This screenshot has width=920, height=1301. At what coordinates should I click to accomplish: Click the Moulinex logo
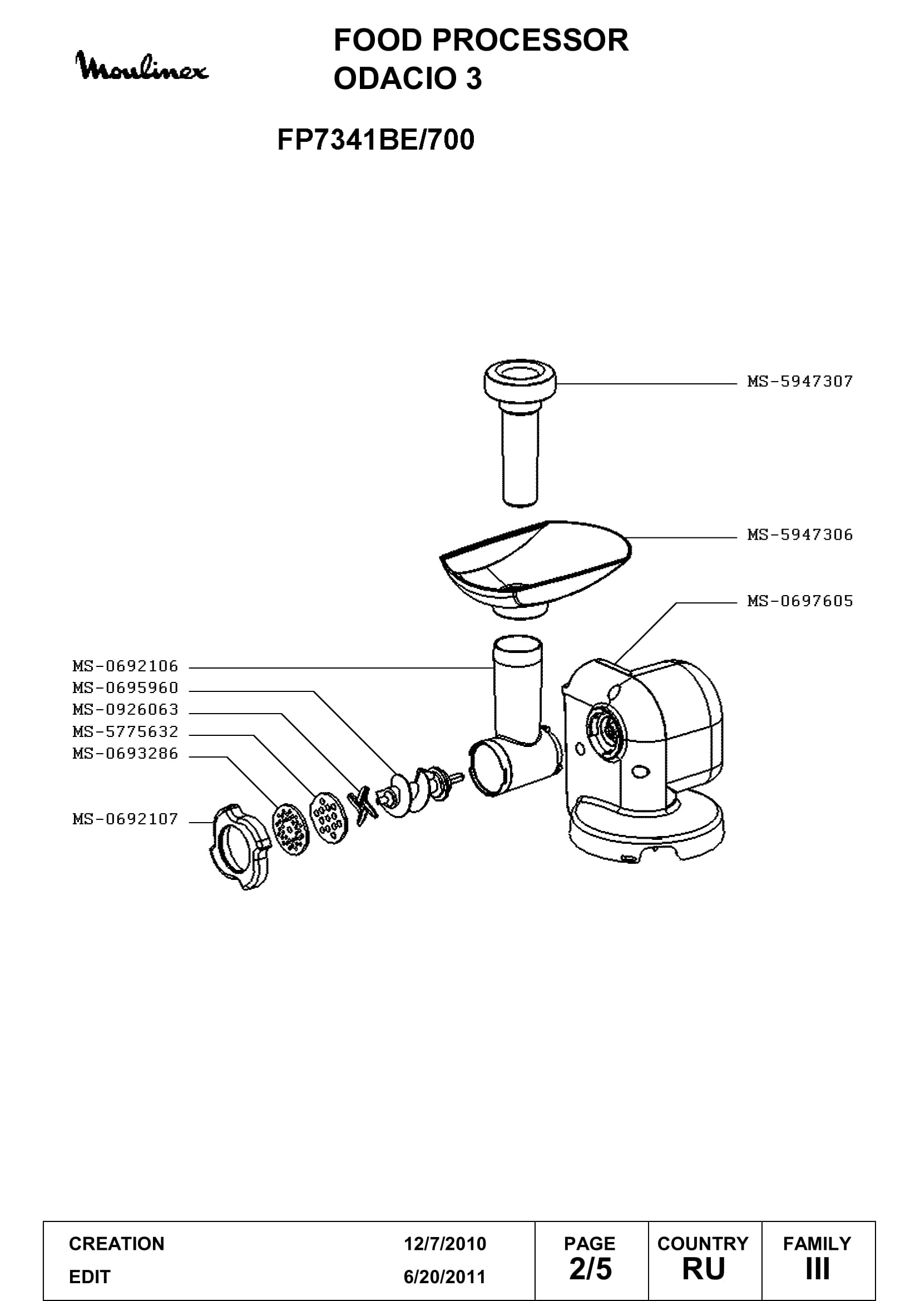click(142, 66)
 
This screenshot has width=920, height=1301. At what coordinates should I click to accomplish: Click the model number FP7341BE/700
click(375, 140)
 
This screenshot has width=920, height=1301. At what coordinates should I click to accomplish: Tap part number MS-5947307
click(800, 382)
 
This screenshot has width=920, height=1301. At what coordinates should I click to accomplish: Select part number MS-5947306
click(800, 535)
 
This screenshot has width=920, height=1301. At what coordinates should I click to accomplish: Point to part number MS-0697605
click(800, 601)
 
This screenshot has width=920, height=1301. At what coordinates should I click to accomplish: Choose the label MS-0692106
click(125, 666)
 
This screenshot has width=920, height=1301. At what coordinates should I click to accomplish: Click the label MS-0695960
click(125, 688)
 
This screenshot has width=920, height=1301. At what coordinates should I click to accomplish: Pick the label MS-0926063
click(125, 709)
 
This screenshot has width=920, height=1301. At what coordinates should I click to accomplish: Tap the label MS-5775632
click(125, 731)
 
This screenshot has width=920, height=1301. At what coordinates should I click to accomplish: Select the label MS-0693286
click(125, 754)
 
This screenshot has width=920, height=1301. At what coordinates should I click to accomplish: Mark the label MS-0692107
click(125, 819)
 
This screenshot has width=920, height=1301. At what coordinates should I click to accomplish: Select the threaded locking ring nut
click(240, 847)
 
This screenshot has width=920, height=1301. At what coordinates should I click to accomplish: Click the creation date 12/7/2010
click(445, 1244)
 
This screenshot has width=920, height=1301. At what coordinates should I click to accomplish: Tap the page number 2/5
click(590, 1269)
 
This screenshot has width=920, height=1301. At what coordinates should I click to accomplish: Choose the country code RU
click(704, 1269)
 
